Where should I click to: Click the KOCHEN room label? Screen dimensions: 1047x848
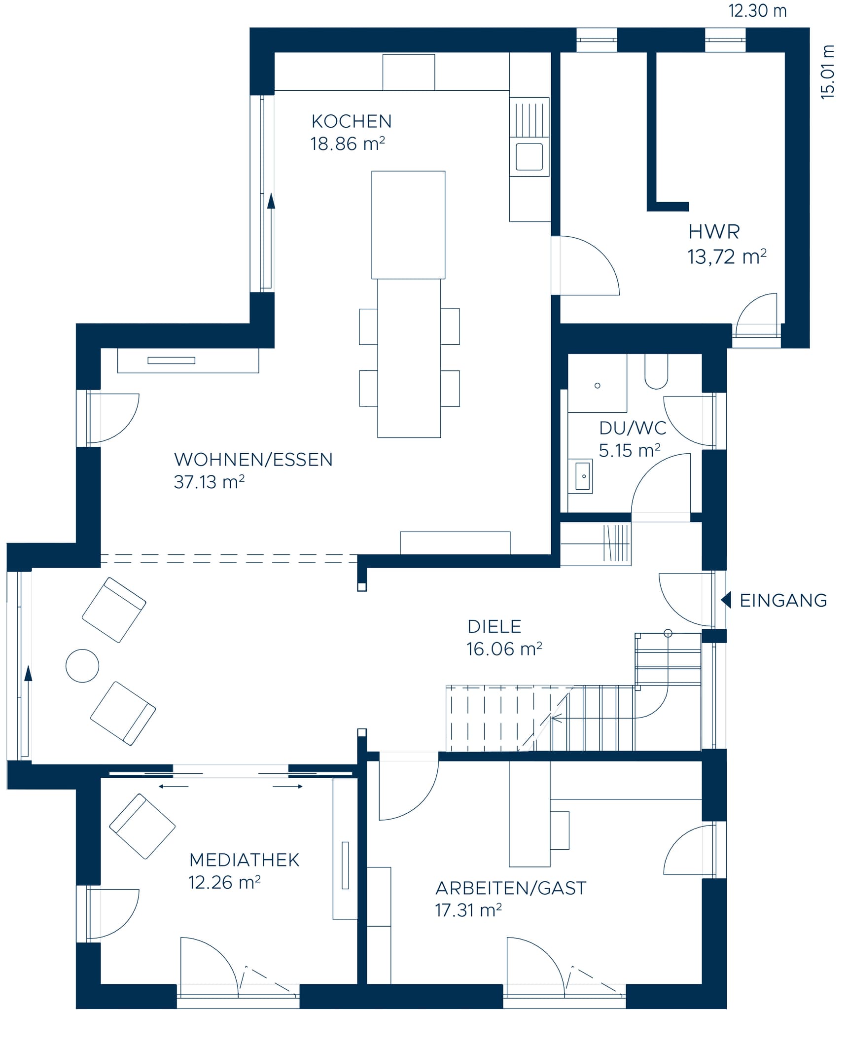351,121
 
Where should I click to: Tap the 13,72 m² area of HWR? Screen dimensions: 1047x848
726,257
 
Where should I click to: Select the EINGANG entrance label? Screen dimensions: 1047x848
783,600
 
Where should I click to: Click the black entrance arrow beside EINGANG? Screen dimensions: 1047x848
726,600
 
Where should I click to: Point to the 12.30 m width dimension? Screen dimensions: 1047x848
757,11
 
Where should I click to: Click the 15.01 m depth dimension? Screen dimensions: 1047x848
828,72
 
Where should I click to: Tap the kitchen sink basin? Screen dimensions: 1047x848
529,156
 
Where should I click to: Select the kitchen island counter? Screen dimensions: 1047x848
408,225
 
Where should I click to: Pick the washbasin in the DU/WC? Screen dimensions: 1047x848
583,476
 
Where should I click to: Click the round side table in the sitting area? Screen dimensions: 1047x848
82,666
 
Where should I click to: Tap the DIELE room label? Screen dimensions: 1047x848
494,626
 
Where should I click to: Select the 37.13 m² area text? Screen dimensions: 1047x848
209,482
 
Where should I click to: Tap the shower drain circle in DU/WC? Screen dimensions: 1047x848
597,386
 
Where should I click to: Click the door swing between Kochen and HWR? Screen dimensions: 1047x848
589,266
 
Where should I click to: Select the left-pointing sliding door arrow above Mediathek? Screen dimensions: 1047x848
174,787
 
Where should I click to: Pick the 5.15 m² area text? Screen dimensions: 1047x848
629,451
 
